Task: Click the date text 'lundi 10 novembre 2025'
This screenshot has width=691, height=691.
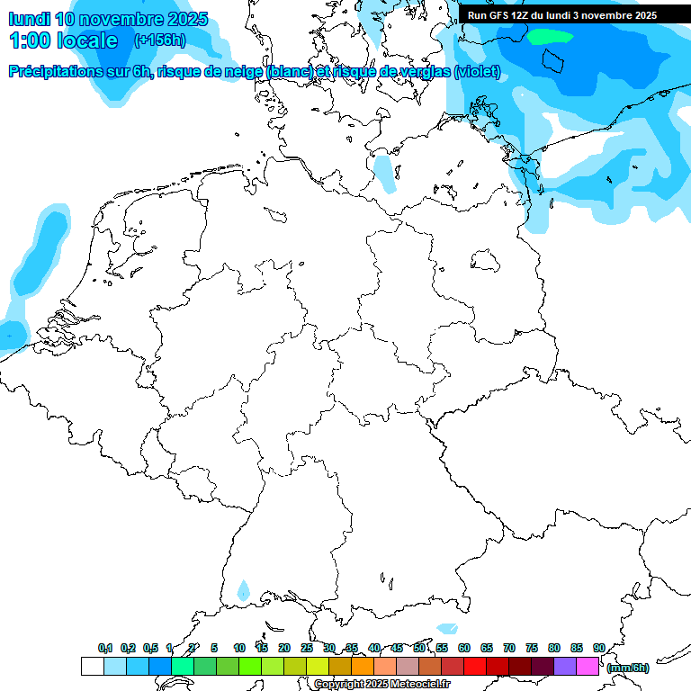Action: pyautogui.click(x=108, y=19)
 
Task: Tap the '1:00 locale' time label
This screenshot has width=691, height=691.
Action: pyautogui.click(x=63, y=40)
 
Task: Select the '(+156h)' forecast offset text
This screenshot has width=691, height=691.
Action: pyautogui.click(x=161, y=40)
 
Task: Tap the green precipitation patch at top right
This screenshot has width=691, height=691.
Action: pyautogui.click(x=550, y=37)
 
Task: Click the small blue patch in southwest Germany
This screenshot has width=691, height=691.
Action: pyautogui.click(x=243, y=590)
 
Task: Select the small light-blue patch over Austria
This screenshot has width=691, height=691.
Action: pyautogui.click(x=446, y=628)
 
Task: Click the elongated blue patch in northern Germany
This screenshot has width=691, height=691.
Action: pyautogui.click(x=384, y=173)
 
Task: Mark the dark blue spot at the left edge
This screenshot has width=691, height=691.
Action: pyautogui.click(x=10, y=335)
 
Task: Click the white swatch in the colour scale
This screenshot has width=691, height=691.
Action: pyautogui.click(x=92, y=667)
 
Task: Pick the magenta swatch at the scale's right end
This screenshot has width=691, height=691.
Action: pyautogui.click(x=588, y=667)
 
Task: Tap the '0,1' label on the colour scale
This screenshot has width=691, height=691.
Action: pyautogui.click(x=105, y=648)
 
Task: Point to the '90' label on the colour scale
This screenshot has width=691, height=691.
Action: pyautogui.click(x=598, y=648)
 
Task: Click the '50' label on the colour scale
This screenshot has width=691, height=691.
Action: pyautogui.click(x=419, y=648)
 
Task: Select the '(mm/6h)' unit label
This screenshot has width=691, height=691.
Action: pyautogui.click(x=628, y=668)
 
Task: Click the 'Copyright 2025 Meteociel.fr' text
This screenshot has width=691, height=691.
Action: pyautogui.click(x=381, y=684)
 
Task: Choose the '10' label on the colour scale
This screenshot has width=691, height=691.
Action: pyautogui.click(x=239, y=648)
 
